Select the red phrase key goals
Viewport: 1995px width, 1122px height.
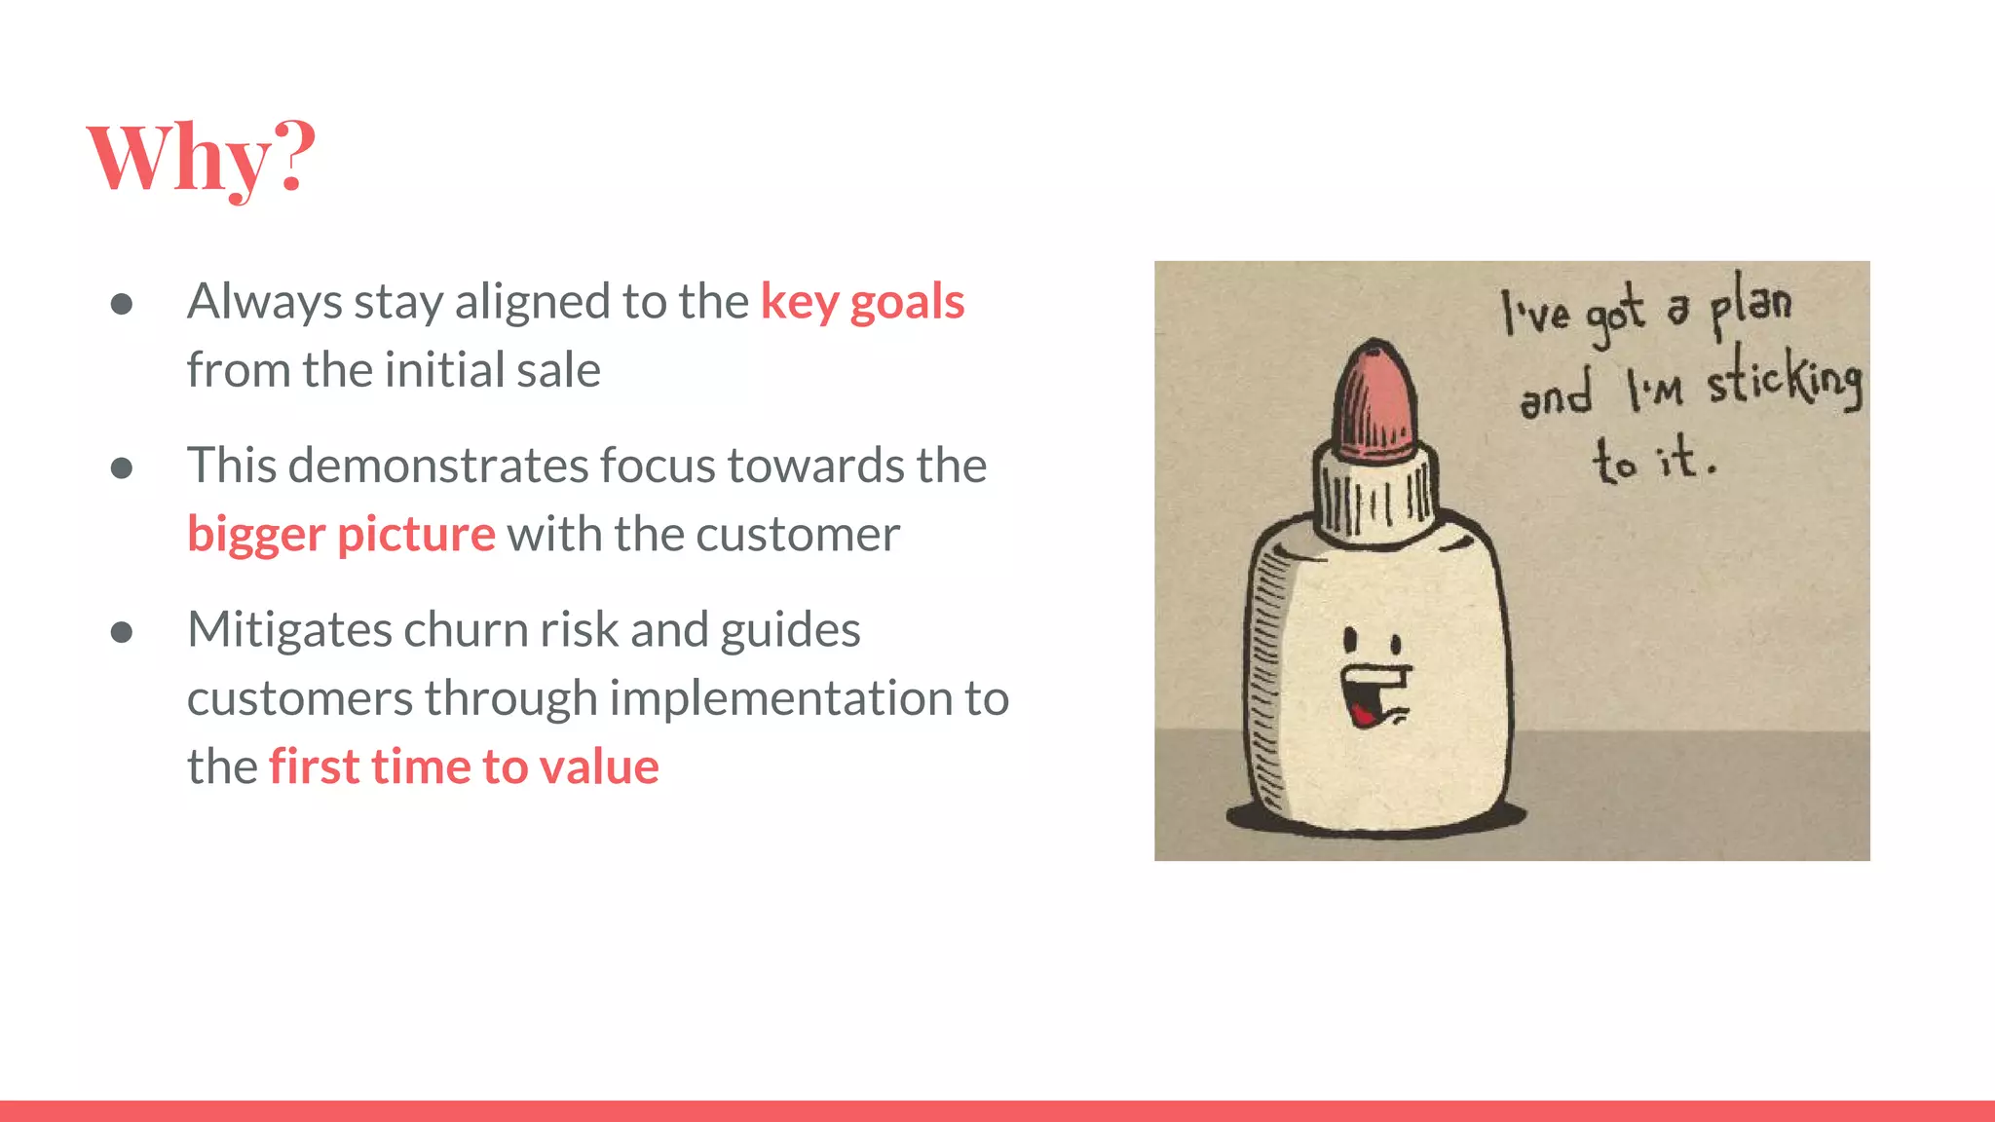[x=862, y=302]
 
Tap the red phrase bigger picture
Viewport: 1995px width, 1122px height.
[x=341, y=534]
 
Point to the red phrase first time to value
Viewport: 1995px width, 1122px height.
[x=464, y=767]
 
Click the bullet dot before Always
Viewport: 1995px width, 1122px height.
[x=122, y=304]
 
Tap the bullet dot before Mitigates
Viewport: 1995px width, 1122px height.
[x=122, y=633]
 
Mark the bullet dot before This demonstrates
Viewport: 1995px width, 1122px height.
[x=122, y=468]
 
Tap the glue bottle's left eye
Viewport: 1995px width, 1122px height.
[x=1351, y=641]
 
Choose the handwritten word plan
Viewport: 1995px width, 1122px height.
[x=1751, y=304]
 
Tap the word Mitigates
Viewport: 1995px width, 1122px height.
[x=289, y=629]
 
